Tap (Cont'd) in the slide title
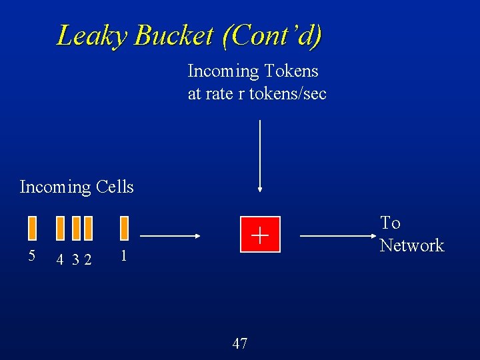click(273, 35)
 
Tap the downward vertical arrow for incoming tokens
click(259, 157)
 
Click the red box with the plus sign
click(259, 235)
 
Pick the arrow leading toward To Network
click(334, 235)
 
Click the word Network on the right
click(411, 245)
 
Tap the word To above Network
click(390, 223)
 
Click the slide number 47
click(240, 343)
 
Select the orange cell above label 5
click(32, 227)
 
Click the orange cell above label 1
click(124, 227)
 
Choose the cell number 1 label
click(123, 255)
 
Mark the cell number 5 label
click(31, 255)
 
